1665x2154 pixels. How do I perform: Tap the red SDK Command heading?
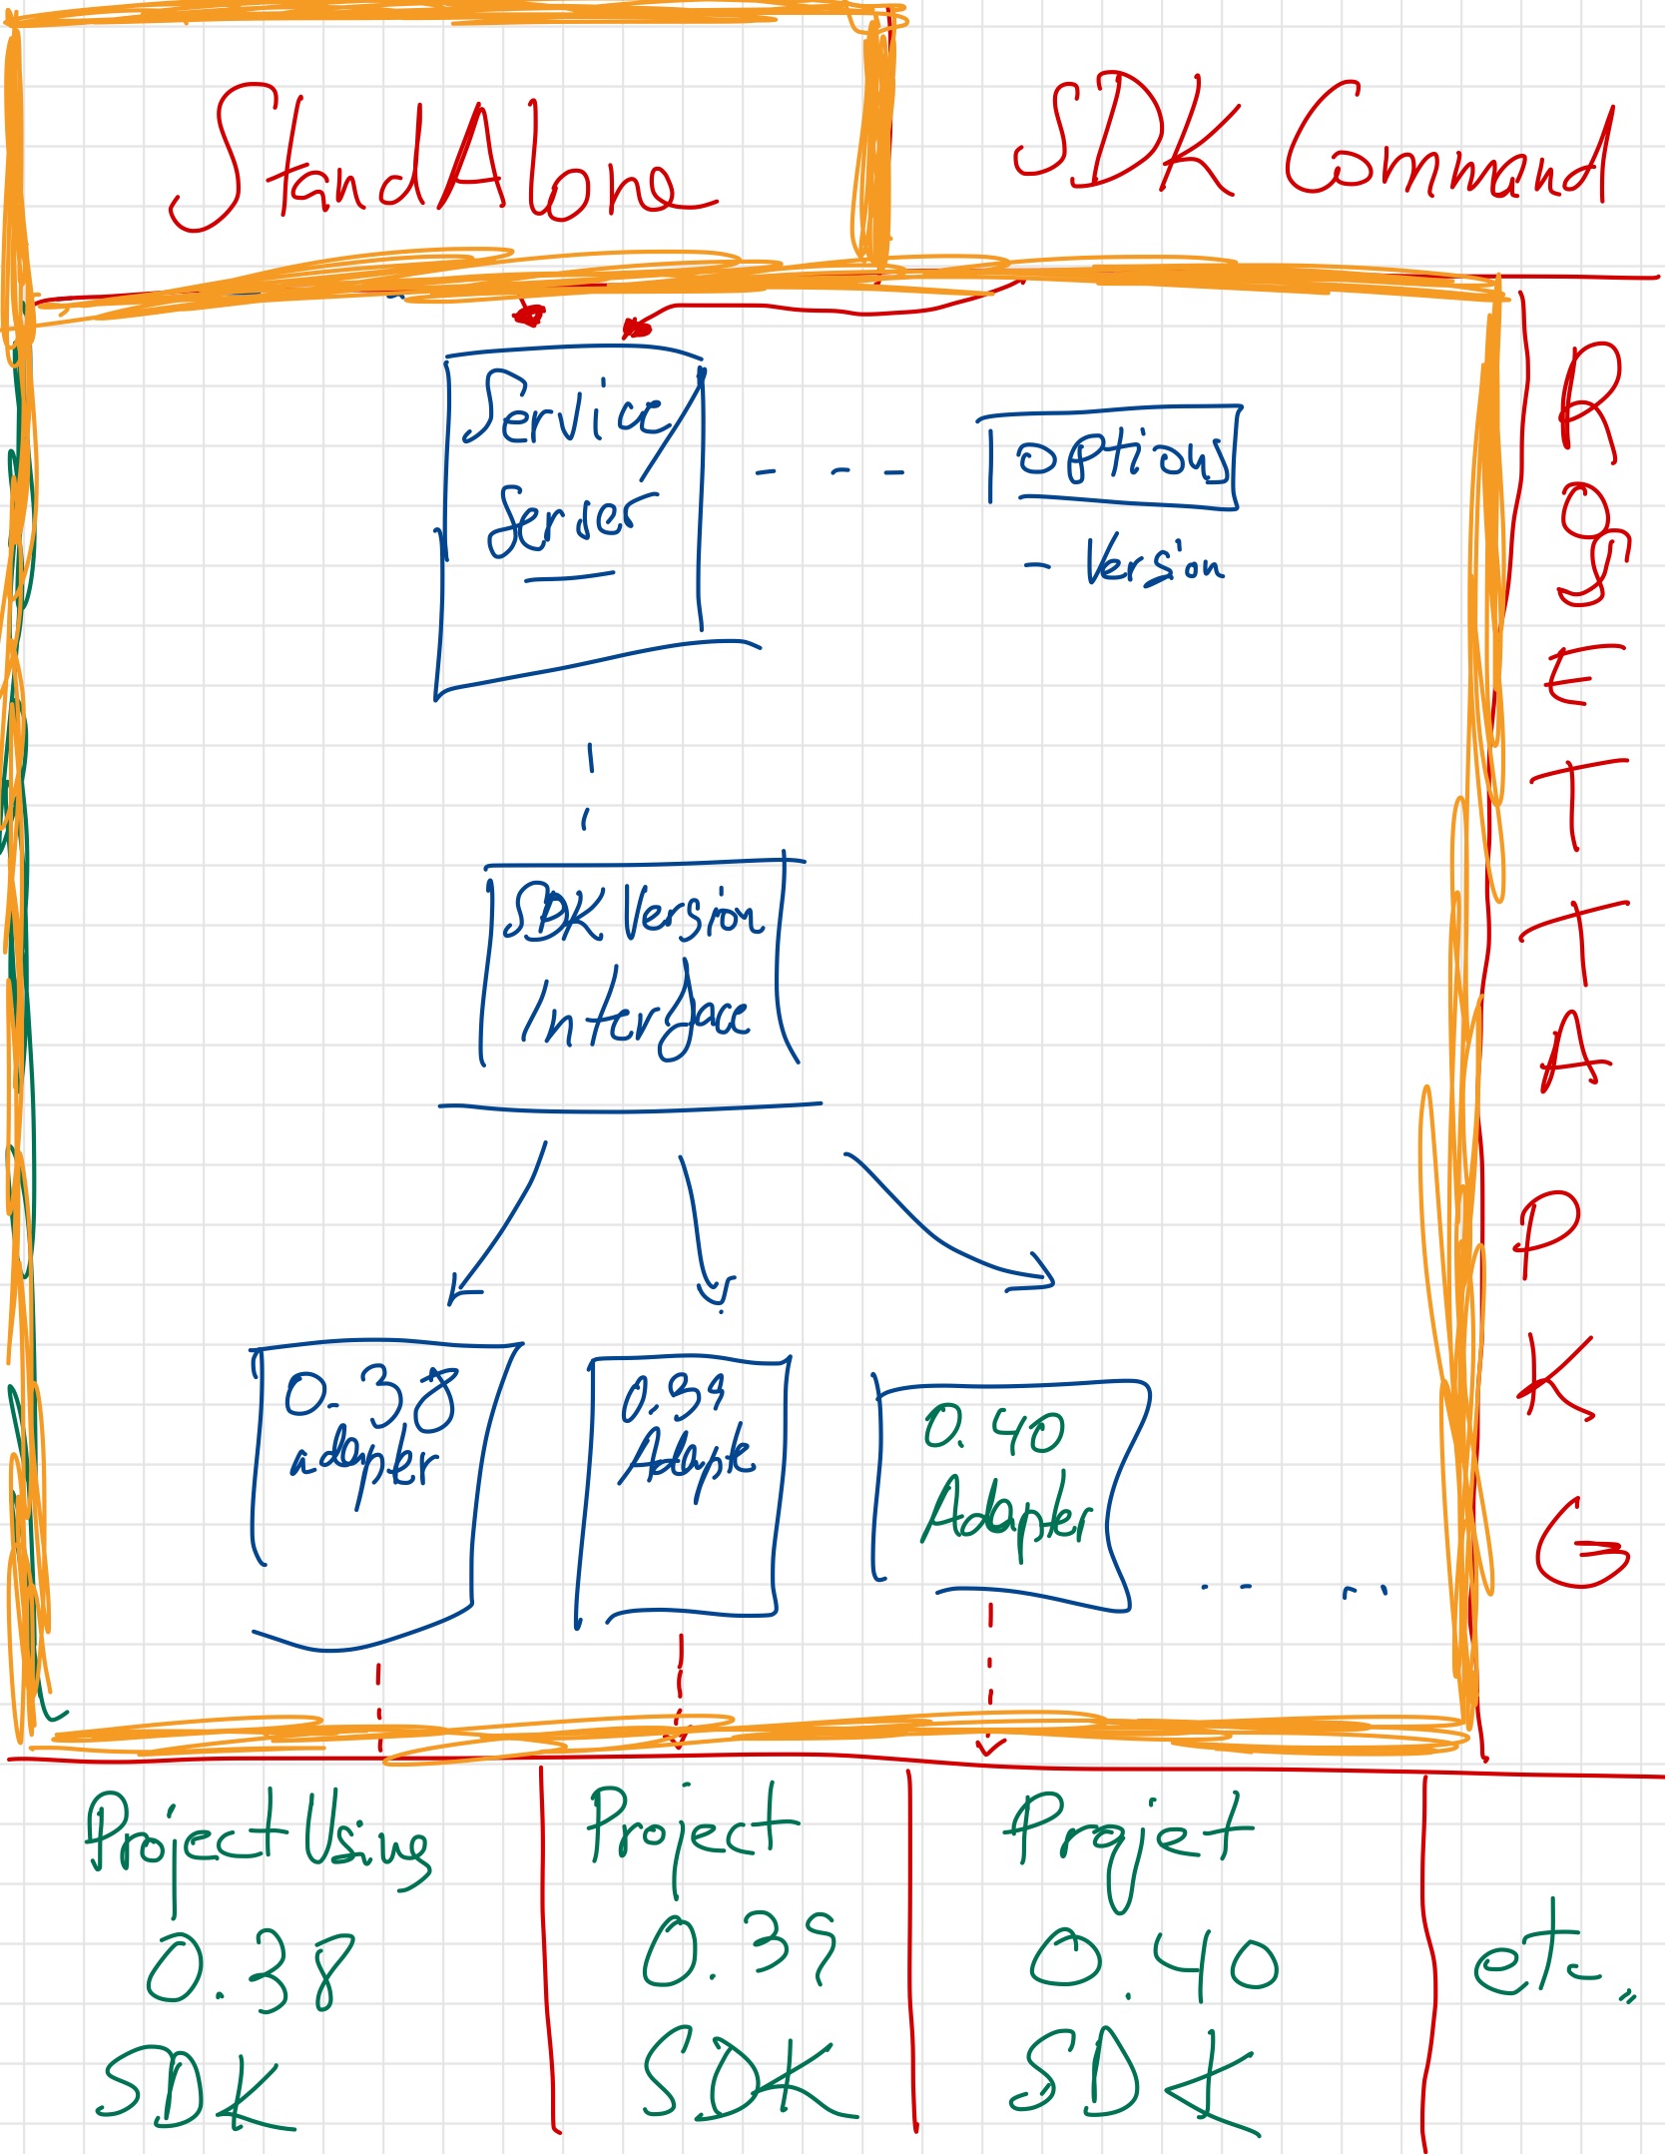pos(1308,145)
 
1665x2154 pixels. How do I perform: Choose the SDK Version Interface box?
pos(634,969)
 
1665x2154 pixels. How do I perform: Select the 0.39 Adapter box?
pos(684,1478)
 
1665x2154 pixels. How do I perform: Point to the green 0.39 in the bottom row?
pos(739,1952)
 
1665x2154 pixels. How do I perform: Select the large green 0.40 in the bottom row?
pos(1153,1962)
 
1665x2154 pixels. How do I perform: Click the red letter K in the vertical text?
pos(1557,1378)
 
